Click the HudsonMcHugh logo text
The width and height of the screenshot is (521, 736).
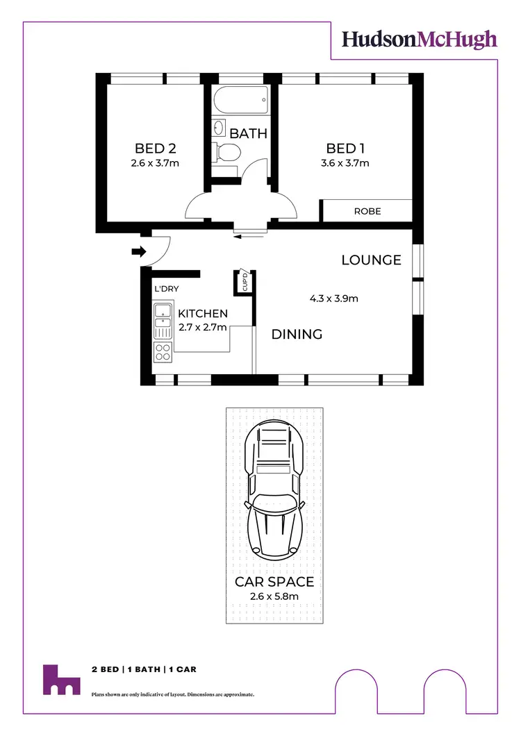pos(420,40)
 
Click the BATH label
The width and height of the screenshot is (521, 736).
pos(248,133)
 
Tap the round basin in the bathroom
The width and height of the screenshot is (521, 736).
pos(219,128)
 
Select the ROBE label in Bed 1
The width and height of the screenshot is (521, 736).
pos(367,211)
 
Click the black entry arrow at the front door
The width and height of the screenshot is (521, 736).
pos(136,251)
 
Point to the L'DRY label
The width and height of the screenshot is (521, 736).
pos(167,290)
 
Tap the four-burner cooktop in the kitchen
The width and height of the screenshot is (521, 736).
pos(163,352)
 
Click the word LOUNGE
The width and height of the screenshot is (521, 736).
pos(371,260)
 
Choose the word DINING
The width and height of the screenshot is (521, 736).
pos(297,335)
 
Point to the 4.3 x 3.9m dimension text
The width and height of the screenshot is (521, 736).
pos(333,299)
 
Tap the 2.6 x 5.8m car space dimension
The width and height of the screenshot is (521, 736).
pos(274,596)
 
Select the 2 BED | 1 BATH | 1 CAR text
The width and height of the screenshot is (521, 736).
pos(144,669)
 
